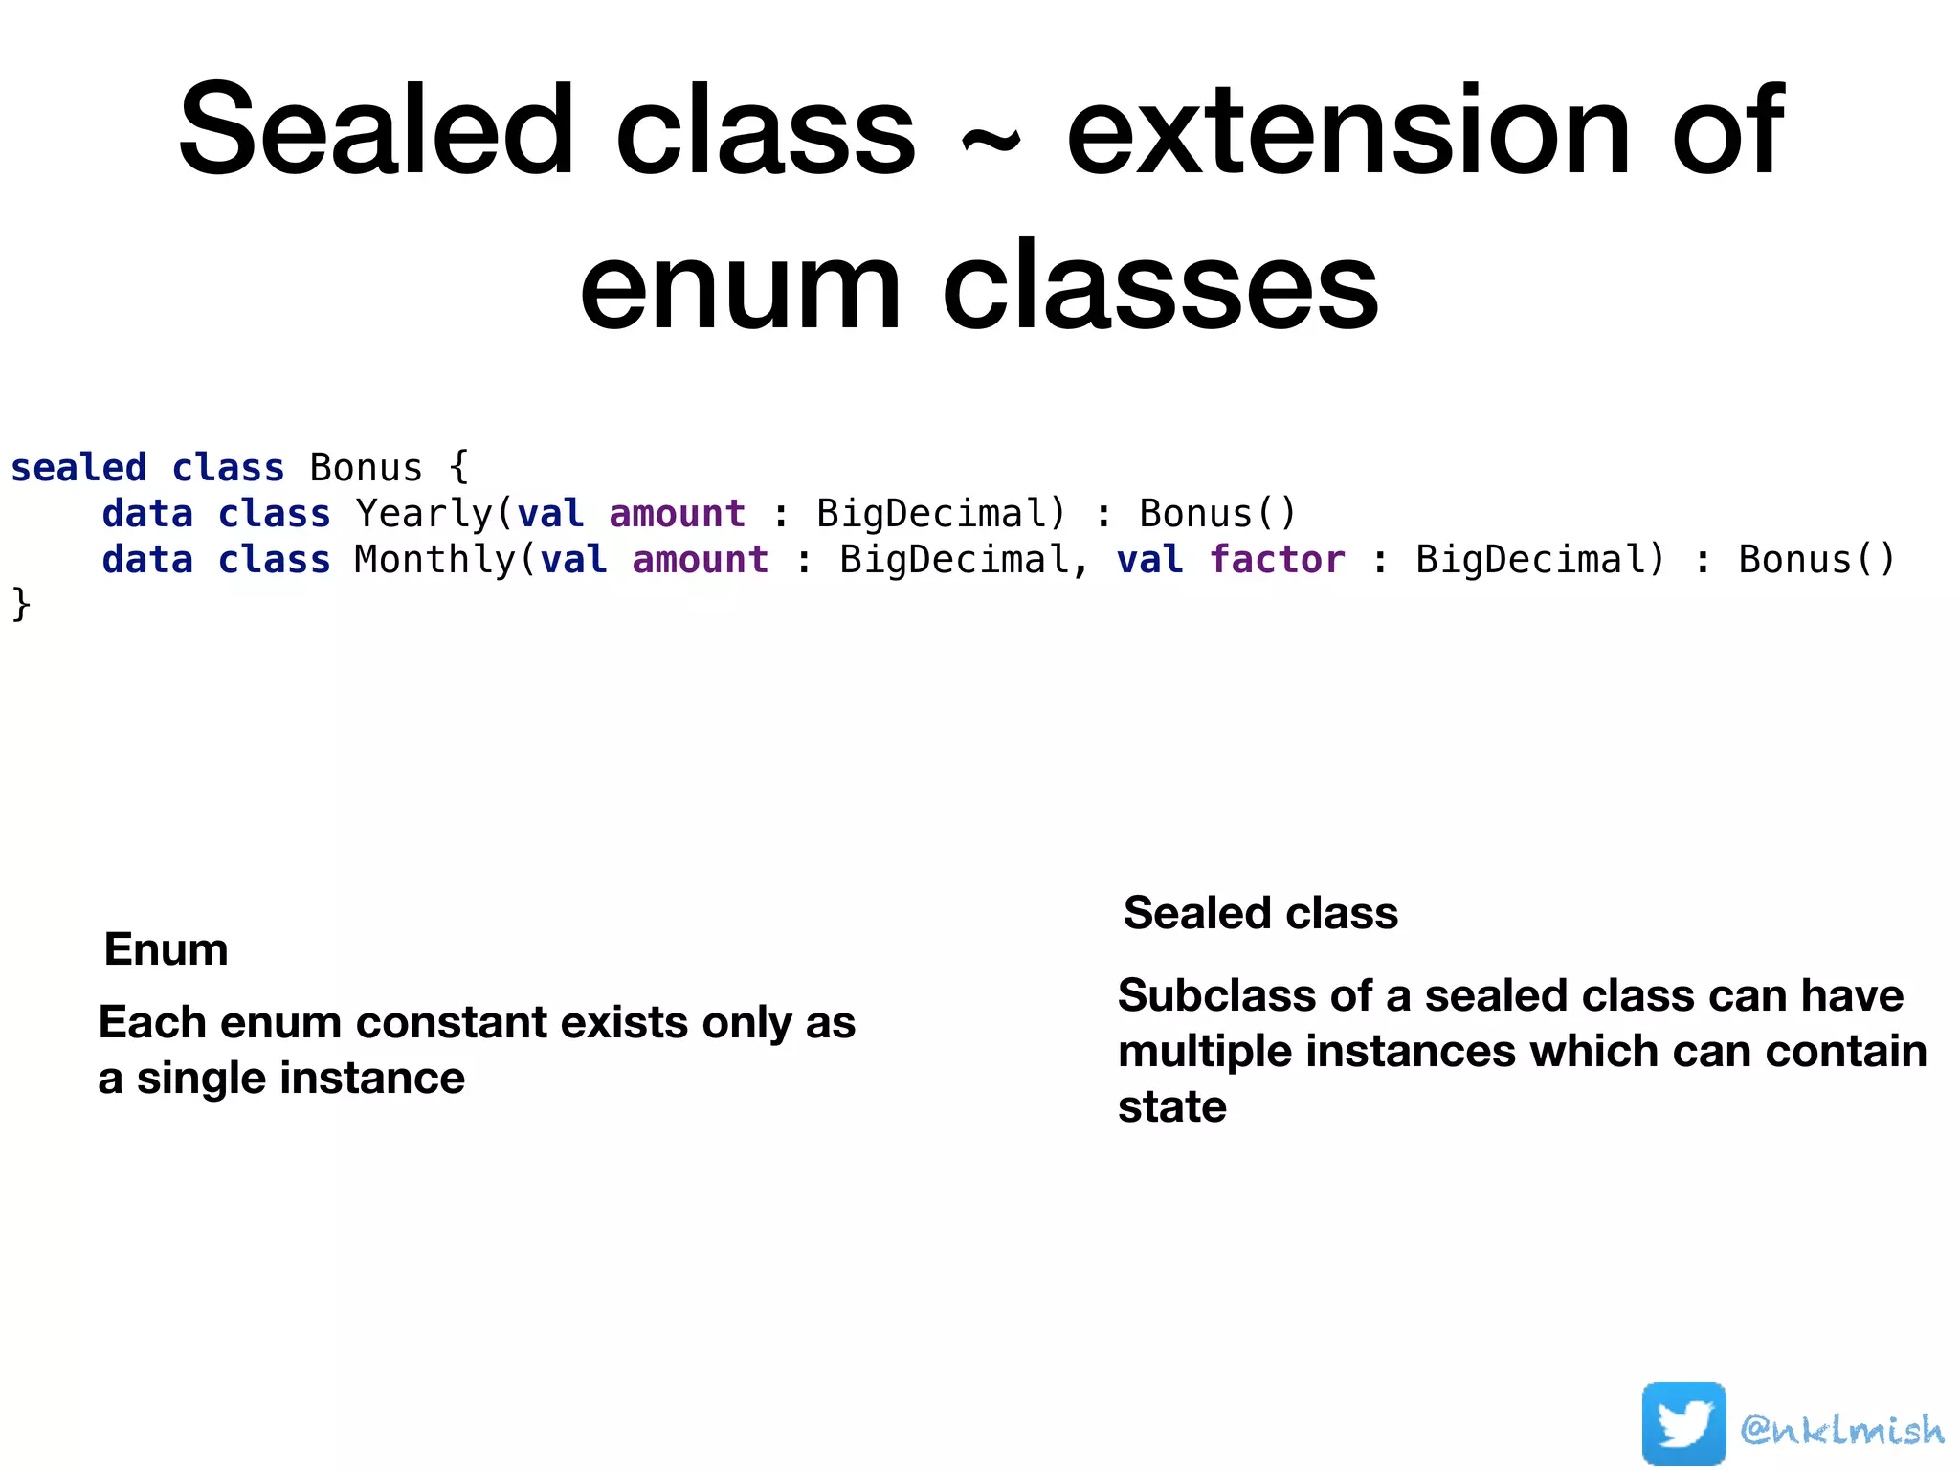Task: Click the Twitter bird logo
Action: pos(1683,1423)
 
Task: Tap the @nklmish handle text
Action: pos(1841,1429)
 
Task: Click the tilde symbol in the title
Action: pos(990,144)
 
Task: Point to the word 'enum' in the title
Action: pos(740,286)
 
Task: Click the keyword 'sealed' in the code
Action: pos(78,468)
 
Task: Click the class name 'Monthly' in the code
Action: pos(434,560)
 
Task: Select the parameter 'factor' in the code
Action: pos(1277,560)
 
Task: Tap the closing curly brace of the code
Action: pos(20,605)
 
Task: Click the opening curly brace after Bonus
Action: pos(458,468)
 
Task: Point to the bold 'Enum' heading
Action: pos(166,949)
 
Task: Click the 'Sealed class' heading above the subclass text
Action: pos(1260,913)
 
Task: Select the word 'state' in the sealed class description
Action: pos(1171,1106)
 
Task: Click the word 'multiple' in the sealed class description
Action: pos(1204,1051)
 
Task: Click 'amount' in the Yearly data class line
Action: pos(677,514)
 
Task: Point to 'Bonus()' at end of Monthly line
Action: pos(1815,560)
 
